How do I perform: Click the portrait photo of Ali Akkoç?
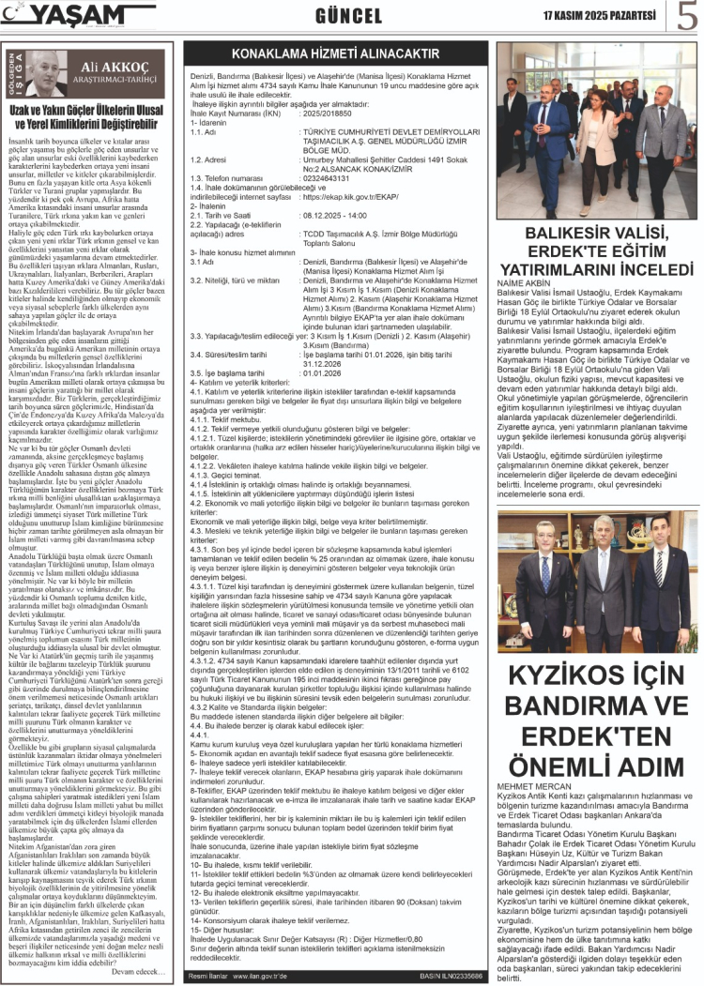tap(49, 74)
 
